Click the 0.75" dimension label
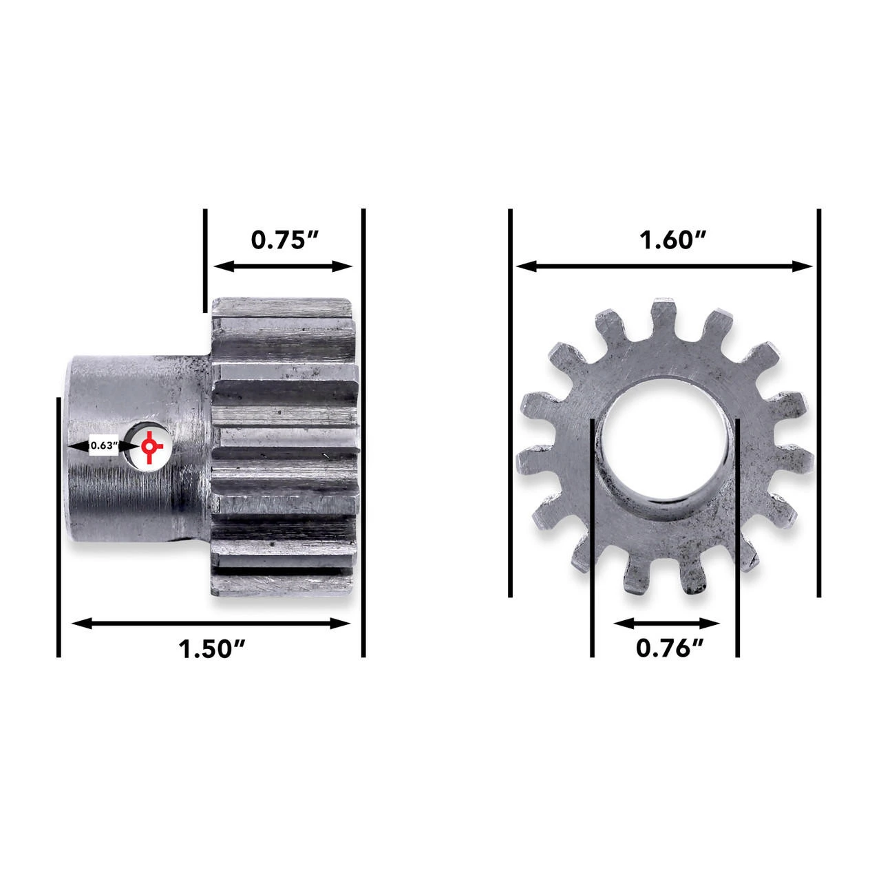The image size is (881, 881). pos(284,240)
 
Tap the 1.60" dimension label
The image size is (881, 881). pos(672,240)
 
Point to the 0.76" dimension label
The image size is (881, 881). pos(669,648)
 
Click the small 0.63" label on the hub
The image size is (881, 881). pos(103,445)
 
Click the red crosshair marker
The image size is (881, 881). pos(150,447)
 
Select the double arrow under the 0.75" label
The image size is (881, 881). pos(283,266)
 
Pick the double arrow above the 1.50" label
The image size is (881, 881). pos(211,623)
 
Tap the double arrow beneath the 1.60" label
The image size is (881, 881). pos(664,266)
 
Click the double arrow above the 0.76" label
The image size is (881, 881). pos(666,623)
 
